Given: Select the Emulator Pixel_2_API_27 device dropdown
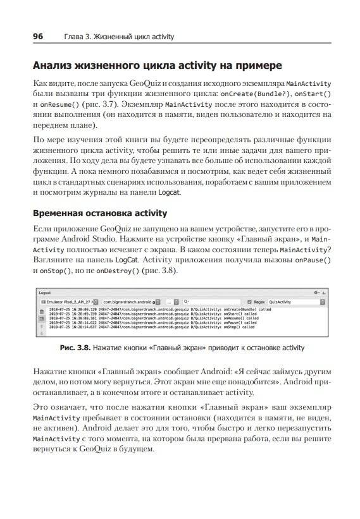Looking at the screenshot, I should (68, 303).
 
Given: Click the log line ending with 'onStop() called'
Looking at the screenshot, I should (152, 327).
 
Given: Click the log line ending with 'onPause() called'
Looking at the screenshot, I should (152, 323).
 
